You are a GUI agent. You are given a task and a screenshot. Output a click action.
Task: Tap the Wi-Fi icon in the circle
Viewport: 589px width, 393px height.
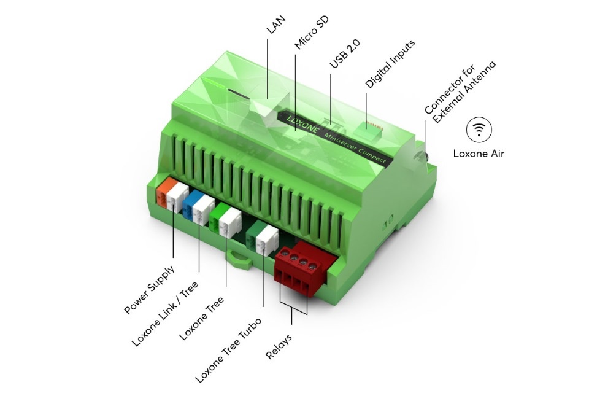click(479, 130)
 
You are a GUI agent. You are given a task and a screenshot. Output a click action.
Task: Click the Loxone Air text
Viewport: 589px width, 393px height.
click(479, 154)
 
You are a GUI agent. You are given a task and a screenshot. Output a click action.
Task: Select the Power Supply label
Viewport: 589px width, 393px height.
click(149, 289)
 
